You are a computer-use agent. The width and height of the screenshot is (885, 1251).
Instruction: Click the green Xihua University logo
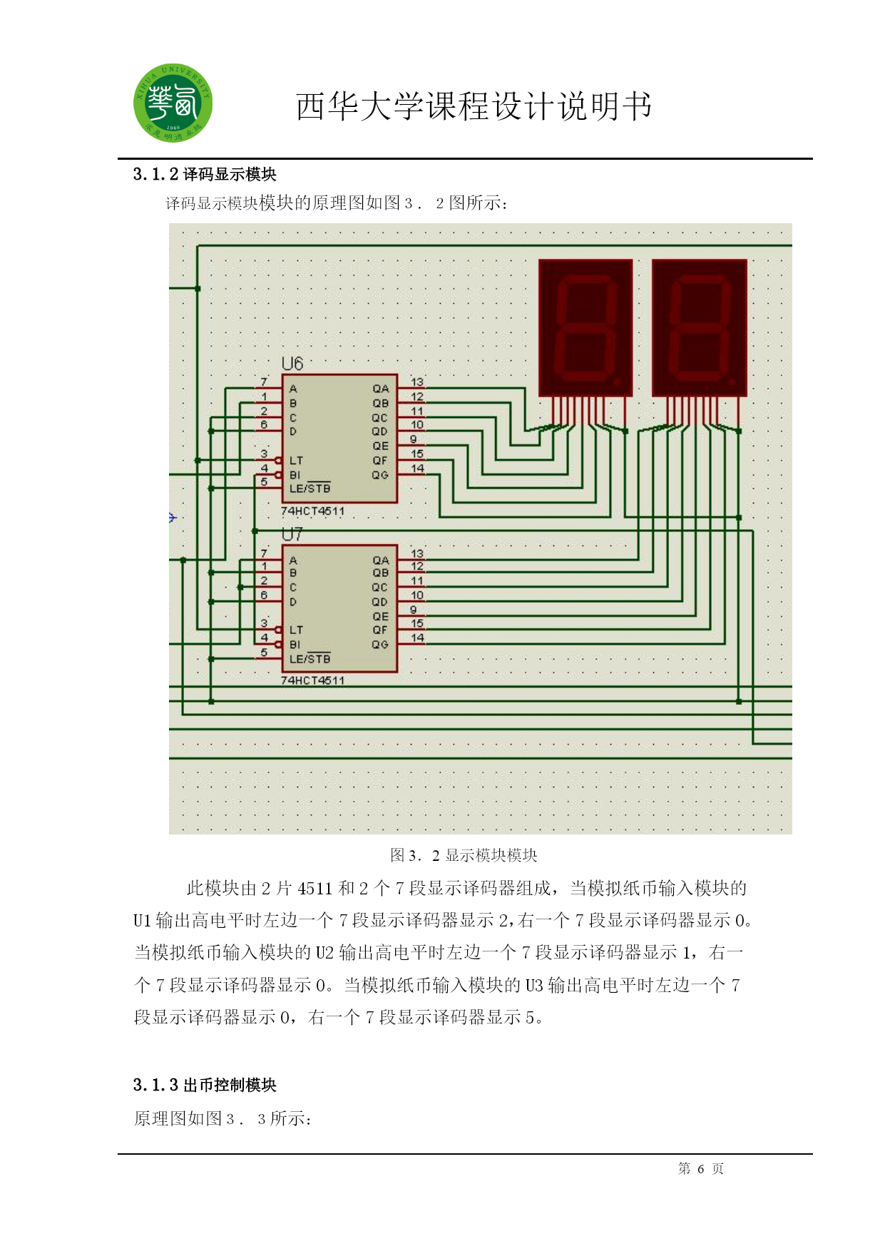click(x=173, y=103)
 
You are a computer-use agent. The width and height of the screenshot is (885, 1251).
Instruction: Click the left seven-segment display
click(x=585, y=327)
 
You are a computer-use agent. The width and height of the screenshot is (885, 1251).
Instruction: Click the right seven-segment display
click(x=700, y=327)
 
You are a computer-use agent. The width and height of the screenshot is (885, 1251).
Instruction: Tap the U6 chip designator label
click(x=292, y=364)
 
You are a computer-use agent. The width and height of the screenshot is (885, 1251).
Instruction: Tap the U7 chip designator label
click(x=292, y=534)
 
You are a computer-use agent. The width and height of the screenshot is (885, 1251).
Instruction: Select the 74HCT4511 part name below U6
click(x=312, y=511)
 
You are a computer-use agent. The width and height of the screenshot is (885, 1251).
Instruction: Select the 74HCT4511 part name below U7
click(x=312, y=680)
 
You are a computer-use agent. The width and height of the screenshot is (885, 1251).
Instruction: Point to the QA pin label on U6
click(x=381, y=389)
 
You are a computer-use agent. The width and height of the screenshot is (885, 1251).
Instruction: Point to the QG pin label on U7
click(x=380, y=644)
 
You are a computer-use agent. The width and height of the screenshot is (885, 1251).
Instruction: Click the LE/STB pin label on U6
click(x=310, y=489)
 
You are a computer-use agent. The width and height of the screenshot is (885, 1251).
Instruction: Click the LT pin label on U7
click(x=296, y=630)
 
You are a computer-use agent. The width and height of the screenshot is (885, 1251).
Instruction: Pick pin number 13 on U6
click(x=417, y=382)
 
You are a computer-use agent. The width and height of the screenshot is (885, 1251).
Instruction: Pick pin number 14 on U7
click(x=417, y=638)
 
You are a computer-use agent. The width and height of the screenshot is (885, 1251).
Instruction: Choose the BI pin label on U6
click(x=295, y=475)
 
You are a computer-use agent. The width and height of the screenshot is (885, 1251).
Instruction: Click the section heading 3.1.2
click(x=205, y=174)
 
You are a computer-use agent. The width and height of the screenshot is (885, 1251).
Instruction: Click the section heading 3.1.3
click(x=205, y=1085)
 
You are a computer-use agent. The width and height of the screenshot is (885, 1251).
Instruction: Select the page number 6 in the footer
click(x=701, y=1168)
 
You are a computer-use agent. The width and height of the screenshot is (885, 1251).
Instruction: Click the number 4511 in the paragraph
click(x=315, y=888)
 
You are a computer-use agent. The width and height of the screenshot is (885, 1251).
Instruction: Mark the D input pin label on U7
click(x=293, y=602)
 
